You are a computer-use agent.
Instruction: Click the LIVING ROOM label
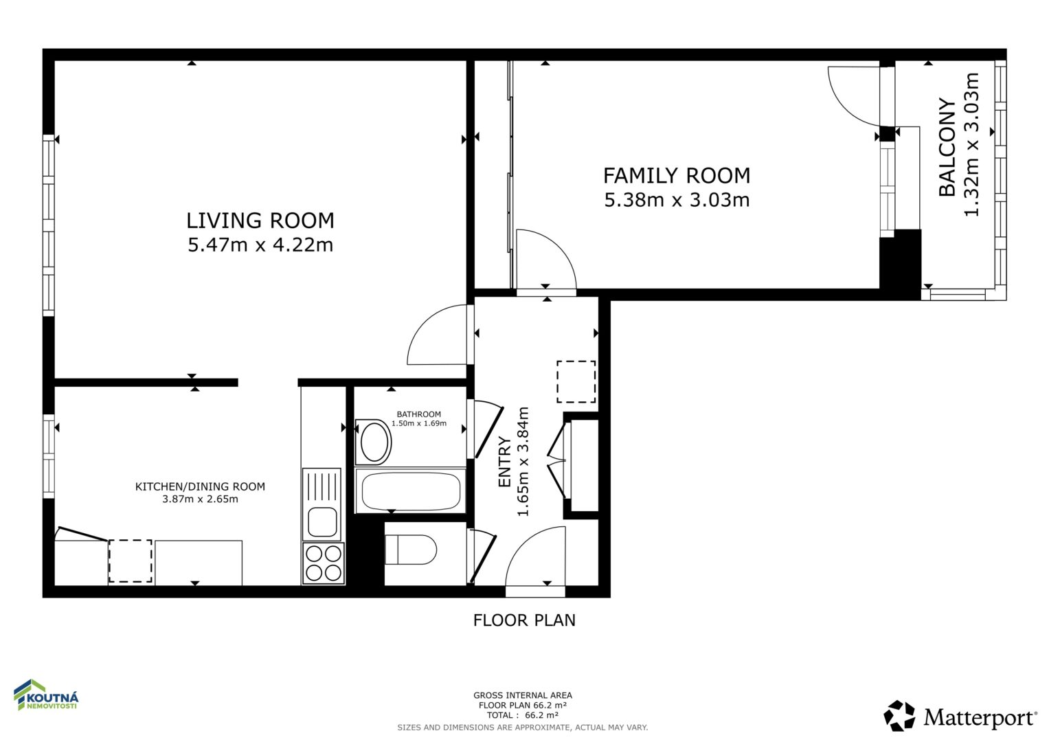260,221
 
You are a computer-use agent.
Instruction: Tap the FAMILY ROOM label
677,176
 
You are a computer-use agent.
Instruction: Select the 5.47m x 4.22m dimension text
260,245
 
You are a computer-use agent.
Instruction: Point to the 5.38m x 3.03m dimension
677,200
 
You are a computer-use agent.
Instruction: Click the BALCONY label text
947,147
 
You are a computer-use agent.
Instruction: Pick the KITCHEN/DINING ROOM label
200,486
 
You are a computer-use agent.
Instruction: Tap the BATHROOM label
418,414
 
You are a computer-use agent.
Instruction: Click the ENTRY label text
504,462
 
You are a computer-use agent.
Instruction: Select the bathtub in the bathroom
410,491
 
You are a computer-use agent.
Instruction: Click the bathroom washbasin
374,442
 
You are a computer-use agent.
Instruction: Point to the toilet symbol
411,550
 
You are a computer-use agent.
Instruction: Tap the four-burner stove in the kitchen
323,563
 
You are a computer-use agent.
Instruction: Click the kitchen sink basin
322,522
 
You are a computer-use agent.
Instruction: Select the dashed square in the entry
576,382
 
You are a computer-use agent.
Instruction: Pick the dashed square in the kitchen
131,561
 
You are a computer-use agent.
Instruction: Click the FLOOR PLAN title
524,620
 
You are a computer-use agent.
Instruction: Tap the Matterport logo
960,716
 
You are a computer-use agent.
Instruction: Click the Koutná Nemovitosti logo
46,695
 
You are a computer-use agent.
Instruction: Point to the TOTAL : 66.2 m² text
523,715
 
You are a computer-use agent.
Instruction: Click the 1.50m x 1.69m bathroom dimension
418,423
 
